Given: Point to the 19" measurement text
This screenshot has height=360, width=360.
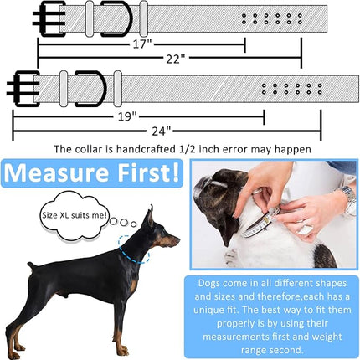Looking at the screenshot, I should [127, 116].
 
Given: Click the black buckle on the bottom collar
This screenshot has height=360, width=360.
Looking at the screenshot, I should [24, 87].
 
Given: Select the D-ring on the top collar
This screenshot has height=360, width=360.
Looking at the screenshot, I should [116, 17].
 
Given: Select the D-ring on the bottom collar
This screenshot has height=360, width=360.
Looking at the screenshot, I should [89, 87].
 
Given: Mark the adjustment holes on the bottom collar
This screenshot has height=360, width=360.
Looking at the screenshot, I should [291, 87].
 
